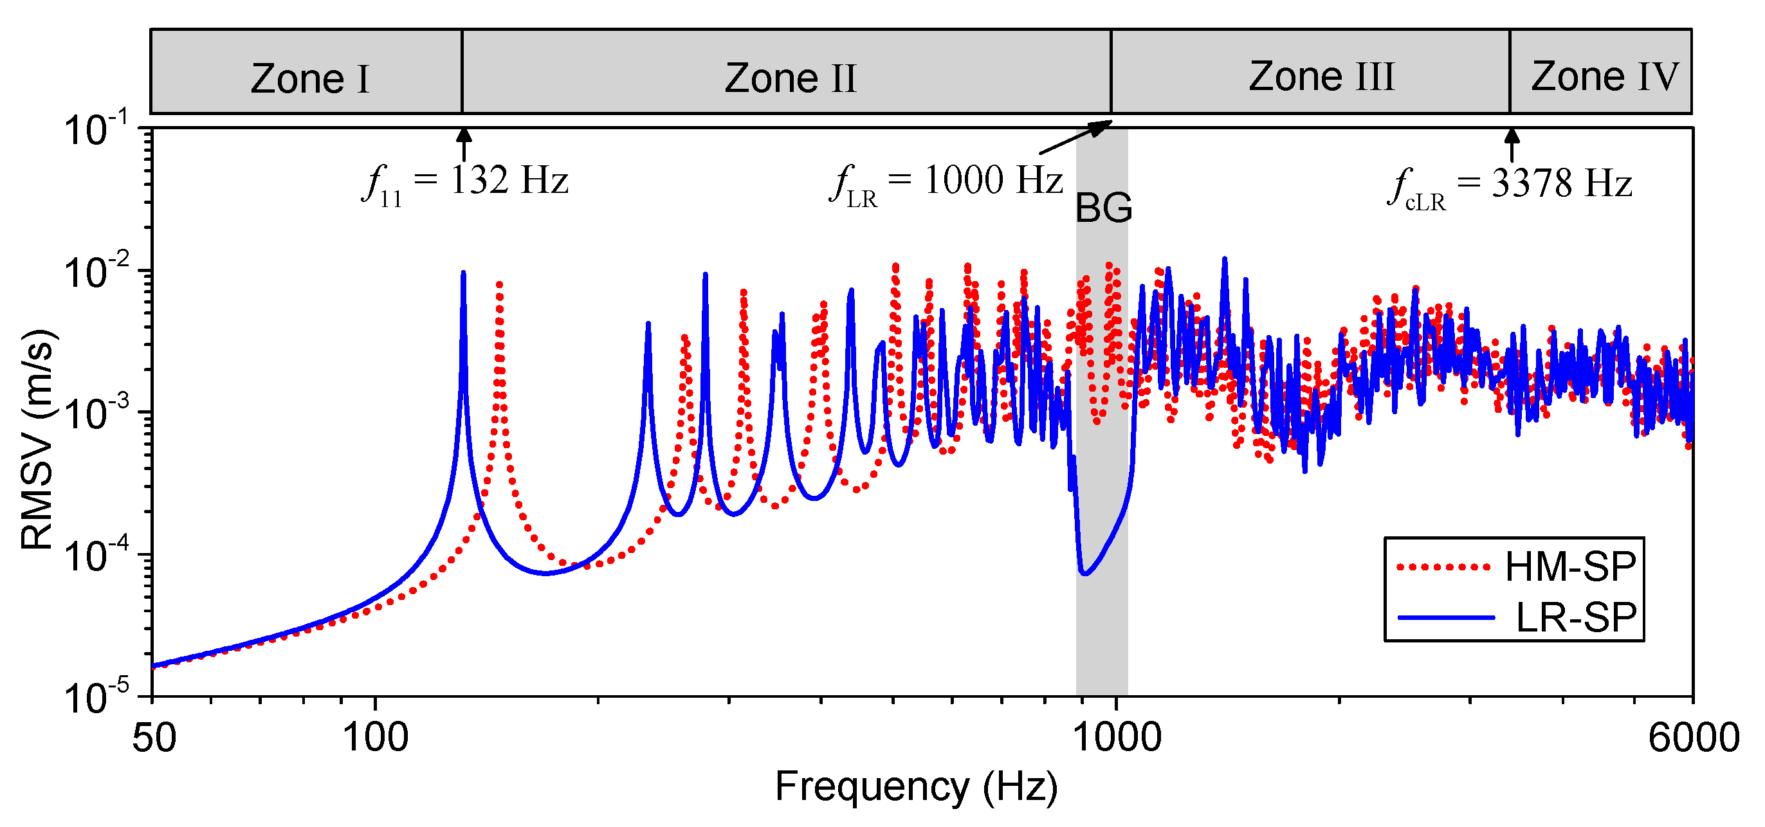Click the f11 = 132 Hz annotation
click(466, 182)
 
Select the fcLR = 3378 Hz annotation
click(1510, 185)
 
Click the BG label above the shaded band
click(1103, 208)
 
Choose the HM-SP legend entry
click(1569, 566)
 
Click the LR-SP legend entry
click(1575, 617)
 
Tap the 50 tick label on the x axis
click(154, 738)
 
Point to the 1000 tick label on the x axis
click(1116, 738)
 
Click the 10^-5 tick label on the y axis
click(96, 698)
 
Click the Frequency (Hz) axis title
click(916, 786)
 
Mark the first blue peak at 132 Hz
click(464, 273)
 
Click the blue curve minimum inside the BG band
click(1084, 573)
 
